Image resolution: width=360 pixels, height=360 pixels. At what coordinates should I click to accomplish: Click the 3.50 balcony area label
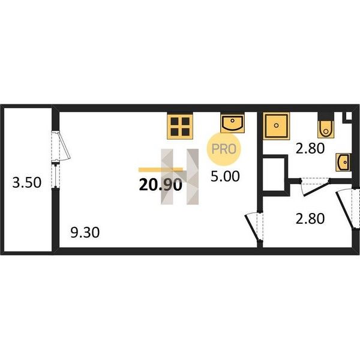[27, 182]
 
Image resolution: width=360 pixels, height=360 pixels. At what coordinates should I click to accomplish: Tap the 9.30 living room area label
[85, 232]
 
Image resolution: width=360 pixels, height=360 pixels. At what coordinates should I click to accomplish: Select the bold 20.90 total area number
[160, 185]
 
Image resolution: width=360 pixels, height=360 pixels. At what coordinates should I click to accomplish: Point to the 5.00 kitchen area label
[225, 176]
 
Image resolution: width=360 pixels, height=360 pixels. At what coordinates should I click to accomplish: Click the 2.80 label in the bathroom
[310, 148]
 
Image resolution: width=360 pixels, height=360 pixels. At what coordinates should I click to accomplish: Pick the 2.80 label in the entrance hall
[310, 218]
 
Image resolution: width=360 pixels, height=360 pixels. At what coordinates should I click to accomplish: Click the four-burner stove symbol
[180, 126]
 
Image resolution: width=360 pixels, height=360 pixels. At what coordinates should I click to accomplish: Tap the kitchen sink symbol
[232, 123]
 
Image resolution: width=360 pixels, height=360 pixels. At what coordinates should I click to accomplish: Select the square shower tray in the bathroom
[276, 125]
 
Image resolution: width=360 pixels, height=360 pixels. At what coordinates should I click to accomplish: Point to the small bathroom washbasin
[343, 163]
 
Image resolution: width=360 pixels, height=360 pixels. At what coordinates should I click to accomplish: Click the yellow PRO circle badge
[224, 149]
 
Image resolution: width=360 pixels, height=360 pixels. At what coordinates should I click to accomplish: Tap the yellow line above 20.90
[160, 170]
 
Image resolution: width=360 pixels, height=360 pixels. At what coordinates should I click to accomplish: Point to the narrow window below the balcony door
[55, 175]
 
